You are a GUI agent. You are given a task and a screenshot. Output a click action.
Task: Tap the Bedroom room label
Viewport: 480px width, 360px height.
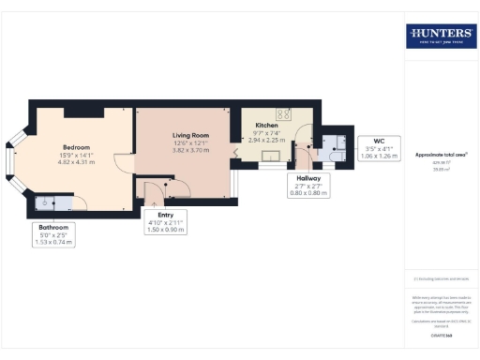click(76, 147)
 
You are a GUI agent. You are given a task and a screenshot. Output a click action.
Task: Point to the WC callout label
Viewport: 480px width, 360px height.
click(379, 142)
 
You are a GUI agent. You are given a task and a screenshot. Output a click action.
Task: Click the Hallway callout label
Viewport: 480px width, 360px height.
click(309, 177)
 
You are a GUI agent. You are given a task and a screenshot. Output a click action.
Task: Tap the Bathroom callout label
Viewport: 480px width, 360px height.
click(53, 227)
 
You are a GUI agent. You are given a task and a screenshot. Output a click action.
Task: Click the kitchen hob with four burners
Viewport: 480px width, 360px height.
click(284, 115)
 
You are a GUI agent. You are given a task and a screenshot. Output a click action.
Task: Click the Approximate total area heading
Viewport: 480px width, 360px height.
click(441, 156)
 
